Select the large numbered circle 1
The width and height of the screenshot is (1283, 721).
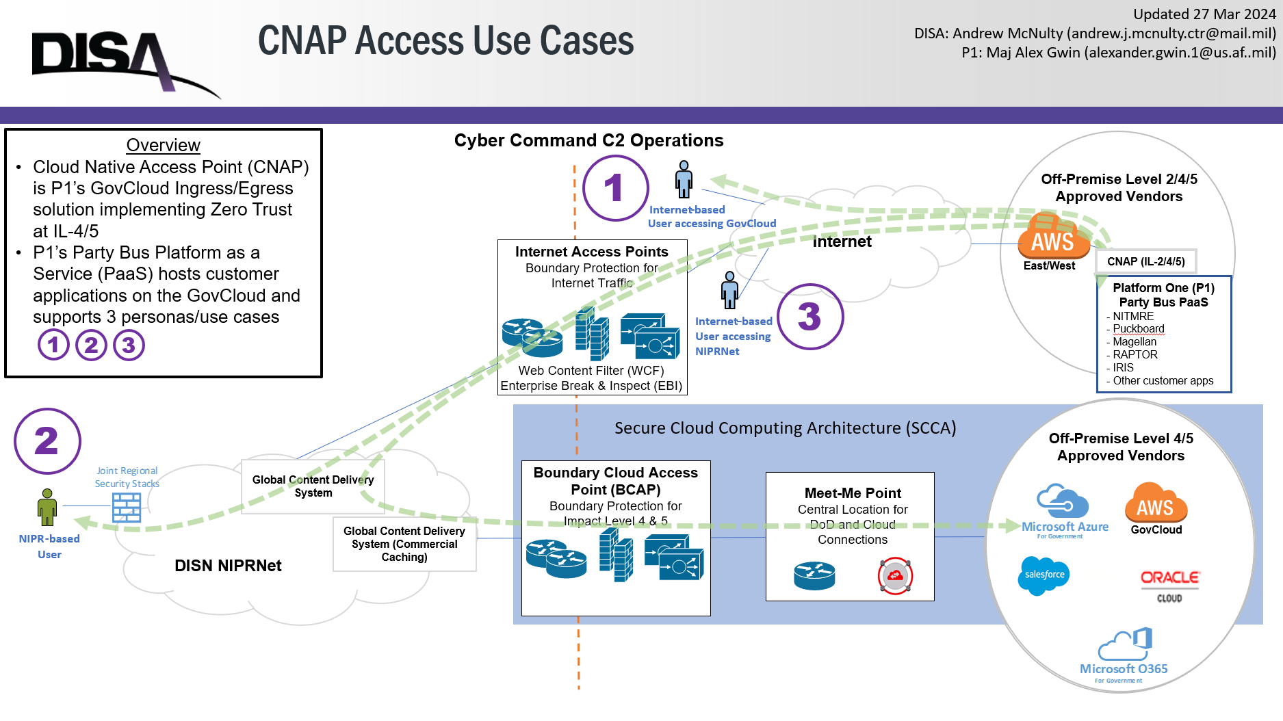pyautogui.click(x=615, y=187)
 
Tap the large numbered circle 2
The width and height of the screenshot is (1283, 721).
pyautogui.click(x=47, y=441)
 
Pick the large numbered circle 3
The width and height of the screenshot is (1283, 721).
pyautogui.click(x=810, y=317)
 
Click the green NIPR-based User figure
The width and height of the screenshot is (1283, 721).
pyautogui.click(x=47, y=508)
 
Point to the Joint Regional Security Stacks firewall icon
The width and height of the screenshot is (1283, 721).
pyautogui.click(x=127, y=508)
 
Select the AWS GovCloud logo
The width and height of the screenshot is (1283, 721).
pyautogui.click(x=1156, y=504)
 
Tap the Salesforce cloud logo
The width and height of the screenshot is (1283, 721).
pyautogui.click(x=1044, y=575)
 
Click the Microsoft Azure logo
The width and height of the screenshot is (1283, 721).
pyautogui.click(x=1064, y=510)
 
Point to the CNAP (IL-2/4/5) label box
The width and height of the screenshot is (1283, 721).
pyautogui.click(x=1145, y=261)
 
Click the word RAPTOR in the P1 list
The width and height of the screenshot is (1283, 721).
pyautogui.click(x=1135, y=354)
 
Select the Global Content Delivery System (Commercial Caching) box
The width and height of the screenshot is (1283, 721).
pyautogui.click(x=404, y=544)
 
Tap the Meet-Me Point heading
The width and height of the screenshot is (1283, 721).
pyautogui.click(x=853, y=493)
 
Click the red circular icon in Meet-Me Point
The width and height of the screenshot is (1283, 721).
pyautogui.click(x=895, y=576)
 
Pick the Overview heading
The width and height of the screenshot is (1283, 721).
pyautogui.click(x=163, y=145)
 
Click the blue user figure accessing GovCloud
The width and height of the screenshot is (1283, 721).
pyautogui.click(x=684, y=179)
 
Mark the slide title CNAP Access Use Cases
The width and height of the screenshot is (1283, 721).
pyautogui.click(x=445, y=40)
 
